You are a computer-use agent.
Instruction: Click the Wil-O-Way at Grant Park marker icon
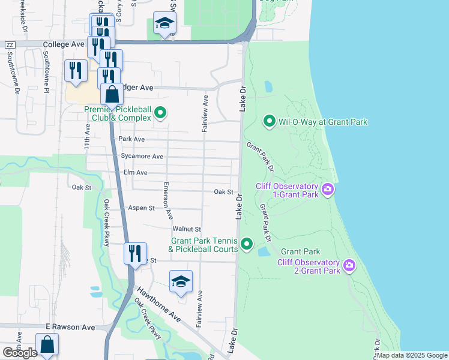270,122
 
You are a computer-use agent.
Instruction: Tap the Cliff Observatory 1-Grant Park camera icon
327,190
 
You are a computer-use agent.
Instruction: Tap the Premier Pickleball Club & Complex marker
160,113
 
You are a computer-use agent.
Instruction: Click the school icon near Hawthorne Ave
181,281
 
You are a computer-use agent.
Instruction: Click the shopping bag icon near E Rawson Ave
47,346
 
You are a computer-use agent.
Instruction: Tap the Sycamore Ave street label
142,157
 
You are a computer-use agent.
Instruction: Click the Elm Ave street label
135,173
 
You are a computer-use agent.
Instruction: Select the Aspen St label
142,208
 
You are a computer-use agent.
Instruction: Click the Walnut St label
186,229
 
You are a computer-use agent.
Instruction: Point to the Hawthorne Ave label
158,303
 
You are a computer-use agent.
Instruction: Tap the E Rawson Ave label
70,327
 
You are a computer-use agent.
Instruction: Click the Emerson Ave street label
169,200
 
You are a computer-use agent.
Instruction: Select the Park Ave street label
131,139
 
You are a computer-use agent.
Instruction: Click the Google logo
20,352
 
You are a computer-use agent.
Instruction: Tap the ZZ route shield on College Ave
10,45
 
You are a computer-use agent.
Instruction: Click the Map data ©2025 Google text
412,355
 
